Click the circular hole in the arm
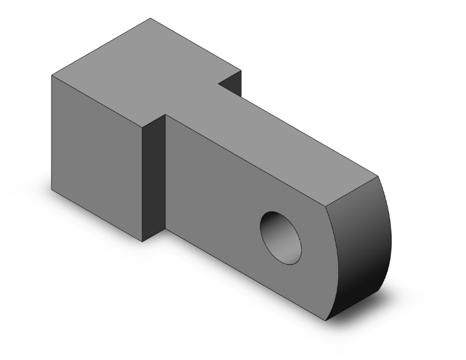281,237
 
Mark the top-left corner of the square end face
51,76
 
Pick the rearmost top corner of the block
150,18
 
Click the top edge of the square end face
97,101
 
